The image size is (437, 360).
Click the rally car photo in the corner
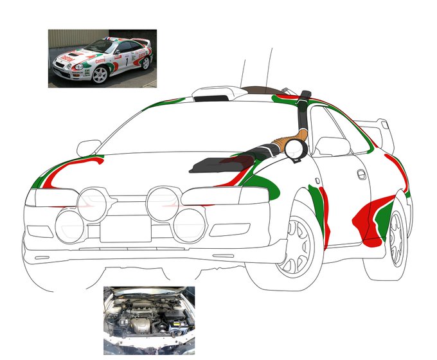coord(102,58)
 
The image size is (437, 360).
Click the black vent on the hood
coord(213,164)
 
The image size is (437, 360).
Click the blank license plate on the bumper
coord(125,228)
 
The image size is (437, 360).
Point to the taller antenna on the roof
coord(271,67)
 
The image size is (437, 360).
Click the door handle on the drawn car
coord(362,174)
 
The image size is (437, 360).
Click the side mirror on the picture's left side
coord(89,147)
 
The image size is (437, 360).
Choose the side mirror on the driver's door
coord(332,146)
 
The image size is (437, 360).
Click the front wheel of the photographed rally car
coord(100,75)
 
